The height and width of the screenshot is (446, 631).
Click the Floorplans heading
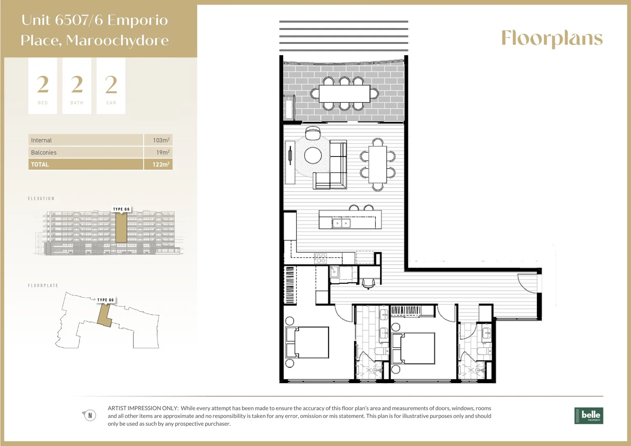pos(552,39)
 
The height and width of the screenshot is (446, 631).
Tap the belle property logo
pos(588,415)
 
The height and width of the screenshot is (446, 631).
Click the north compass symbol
pos(89,415)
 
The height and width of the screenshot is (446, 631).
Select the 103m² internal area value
pos(161,140)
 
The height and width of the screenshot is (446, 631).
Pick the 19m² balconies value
pos(162,152)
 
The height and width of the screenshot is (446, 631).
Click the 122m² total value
pos(161,164)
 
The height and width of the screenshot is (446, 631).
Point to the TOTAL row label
pos(40,164)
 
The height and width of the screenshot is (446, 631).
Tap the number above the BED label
pos(43,85)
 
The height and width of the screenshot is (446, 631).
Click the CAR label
pos(111,103)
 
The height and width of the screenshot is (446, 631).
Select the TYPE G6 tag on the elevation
pos(121,209)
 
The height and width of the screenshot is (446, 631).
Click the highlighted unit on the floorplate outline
pos(104,316)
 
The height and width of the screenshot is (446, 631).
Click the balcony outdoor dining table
pos(344,94)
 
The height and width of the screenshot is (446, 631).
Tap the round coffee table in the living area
pos(313,155)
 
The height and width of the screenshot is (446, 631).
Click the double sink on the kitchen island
pos(342,223)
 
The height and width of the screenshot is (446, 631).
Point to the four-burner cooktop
pos(320,259)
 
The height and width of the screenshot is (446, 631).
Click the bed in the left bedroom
pos(307,342)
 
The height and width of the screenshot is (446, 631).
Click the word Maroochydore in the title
pos(117,40)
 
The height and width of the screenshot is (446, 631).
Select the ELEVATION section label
pos(41,199)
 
